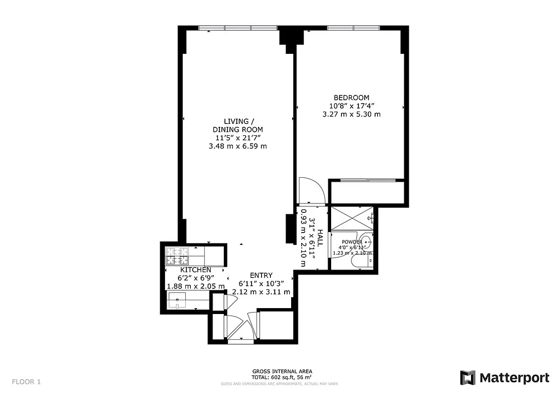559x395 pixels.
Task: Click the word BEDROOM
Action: [351, 98]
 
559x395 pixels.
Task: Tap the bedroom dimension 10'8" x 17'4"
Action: [351, 106]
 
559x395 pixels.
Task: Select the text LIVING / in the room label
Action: [239, 121]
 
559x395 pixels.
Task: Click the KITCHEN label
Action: [196, 270]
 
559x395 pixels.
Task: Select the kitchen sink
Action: [176, 300]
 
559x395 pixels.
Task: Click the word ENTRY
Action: [261, 276]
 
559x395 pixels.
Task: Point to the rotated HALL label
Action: [320, 238]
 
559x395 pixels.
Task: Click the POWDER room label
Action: [352, 242]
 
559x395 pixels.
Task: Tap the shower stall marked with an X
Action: [351, 218]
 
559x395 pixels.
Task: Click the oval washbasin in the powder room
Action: [365, 241]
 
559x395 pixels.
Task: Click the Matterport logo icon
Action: [468, 378]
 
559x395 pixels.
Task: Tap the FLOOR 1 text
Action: [26, 382]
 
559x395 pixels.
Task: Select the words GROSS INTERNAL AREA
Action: [282, 371]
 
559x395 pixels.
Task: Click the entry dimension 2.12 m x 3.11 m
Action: [261, 292]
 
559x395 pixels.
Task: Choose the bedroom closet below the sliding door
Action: [367, 192]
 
